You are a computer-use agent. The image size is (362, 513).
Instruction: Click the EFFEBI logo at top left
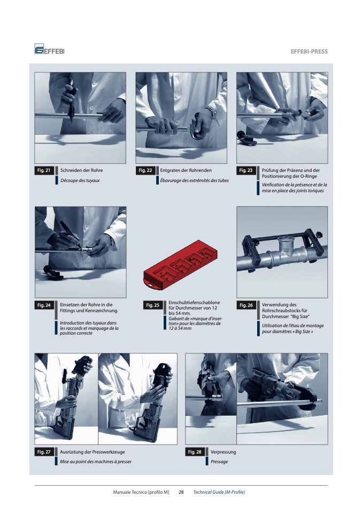coord(49,49)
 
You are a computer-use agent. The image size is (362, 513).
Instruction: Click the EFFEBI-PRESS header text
coord(309,51)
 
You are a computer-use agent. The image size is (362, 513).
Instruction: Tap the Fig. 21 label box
coord(44,170)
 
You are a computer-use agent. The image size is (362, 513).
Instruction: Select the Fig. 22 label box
coord(145,170)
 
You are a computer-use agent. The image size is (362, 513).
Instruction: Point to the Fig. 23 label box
coord(245,170)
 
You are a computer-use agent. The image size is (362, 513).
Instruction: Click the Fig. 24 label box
coord(44,305)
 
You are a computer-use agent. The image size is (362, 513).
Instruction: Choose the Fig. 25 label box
coord(152,305)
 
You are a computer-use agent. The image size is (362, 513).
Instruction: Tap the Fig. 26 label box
coord(246,305)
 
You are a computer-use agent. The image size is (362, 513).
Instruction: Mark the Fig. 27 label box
coord(44,452)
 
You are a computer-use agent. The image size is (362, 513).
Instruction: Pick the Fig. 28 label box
coord(195,452)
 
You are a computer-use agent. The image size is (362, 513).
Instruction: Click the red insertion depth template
coord(180,265)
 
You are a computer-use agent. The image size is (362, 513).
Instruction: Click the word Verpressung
coord(223,452)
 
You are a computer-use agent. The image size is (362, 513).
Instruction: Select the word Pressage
coord(219,462)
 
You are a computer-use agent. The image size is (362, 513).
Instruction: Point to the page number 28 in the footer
coord(181,492)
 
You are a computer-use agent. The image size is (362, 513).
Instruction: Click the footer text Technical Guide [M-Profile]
coord(219,492)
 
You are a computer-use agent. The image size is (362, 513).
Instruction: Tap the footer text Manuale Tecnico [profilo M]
coord(141,492)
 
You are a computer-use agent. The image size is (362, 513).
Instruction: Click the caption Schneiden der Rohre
coord(82,170)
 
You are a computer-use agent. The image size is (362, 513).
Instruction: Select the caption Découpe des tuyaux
coord(80,180)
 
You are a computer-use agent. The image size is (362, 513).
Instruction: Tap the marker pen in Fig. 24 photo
coord(71,234)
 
